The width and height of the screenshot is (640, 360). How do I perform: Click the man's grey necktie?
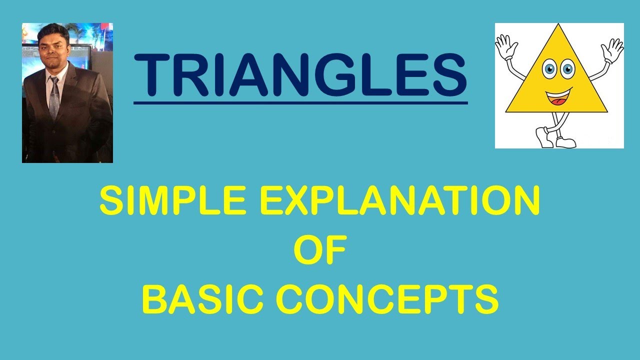point(54,97)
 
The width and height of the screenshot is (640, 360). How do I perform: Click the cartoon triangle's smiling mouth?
point(558,96)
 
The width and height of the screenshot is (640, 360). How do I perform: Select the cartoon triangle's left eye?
point(549,69)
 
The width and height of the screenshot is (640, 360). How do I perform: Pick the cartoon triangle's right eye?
point(567,68)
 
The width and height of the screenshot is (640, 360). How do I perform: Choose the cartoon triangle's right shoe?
point(565,142)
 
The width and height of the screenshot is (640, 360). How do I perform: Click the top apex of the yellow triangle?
point(556,26)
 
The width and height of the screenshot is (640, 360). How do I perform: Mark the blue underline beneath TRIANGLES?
point(300,103)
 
